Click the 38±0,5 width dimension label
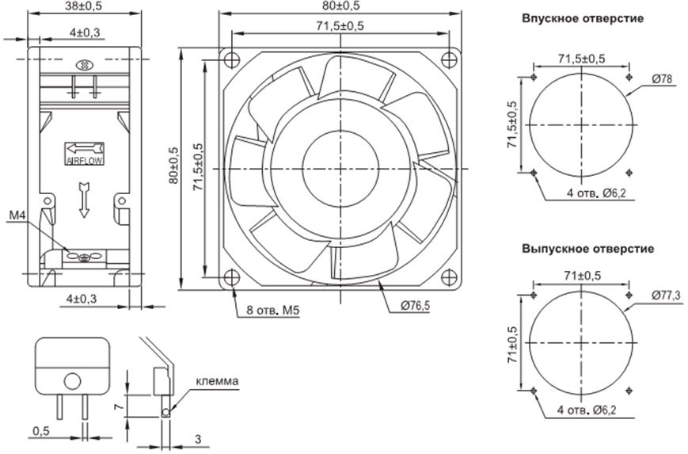pyautogui.click(x=84, y=6)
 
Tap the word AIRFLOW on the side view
pyautogui.click(x=83, y=159)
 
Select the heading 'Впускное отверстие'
pyautogui.click(x=582, y=17)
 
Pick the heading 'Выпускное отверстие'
pyautogui.click(x=587, y=249)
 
